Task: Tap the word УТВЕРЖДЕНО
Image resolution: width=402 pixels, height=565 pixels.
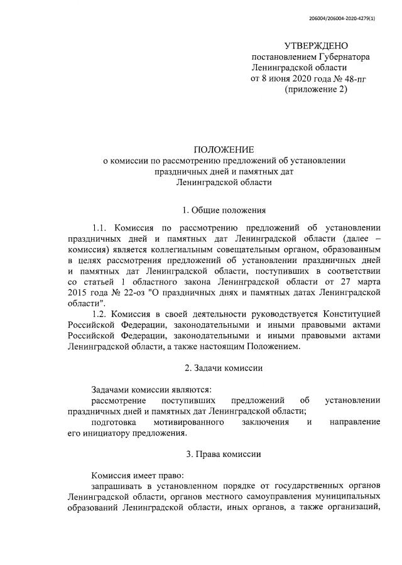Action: pos(315,46)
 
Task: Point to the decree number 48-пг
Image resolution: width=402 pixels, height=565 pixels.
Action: pos(334,78)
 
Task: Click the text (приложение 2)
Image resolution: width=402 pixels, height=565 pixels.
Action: pos(315,89)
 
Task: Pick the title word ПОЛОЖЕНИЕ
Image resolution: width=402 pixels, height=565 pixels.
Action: pos(224,149)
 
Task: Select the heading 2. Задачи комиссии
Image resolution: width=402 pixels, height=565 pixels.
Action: pos(224,367)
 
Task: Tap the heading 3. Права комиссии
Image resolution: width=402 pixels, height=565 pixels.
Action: pos(224,454)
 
